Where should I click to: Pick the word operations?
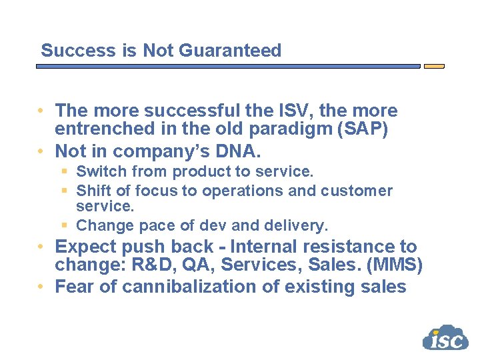pyautogui.click(x=243, y=191)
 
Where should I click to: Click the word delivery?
pyautogui.click(x=299, y=225)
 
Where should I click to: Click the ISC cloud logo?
pyautogui.click(x=445, y=338)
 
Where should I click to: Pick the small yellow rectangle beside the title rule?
pyautogui.click(x=434, y=67)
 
